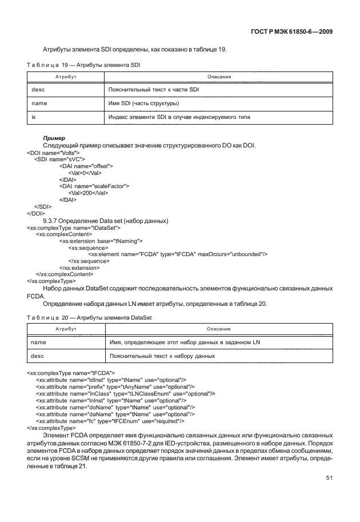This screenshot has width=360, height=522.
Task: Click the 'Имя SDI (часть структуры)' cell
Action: pos(143,103)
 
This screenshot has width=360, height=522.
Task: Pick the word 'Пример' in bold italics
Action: pos(55,138)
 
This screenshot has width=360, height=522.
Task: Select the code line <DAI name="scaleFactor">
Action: pos(94,186)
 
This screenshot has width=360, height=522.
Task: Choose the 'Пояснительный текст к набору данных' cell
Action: pos(161,356)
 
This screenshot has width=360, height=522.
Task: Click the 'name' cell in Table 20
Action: pos(38,342)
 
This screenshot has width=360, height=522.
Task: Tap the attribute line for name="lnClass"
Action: pos(125,394)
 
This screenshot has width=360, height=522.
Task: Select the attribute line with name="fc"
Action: pos(109,421)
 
